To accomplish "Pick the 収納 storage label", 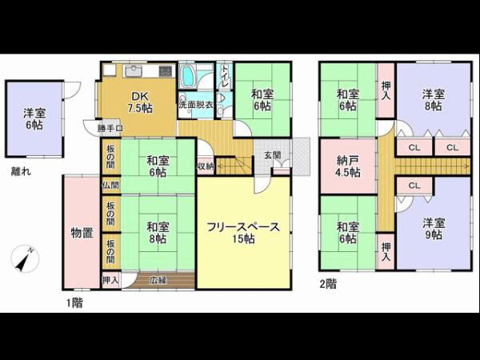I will coord(206,166).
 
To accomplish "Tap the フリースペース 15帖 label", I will coord(242,233).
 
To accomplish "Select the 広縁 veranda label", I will coord(158,280).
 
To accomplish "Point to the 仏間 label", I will coord(110,185).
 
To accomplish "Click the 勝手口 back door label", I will coord(110,128).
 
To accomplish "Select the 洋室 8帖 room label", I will coord(432,100).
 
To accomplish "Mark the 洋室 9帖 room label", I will coord(433,230).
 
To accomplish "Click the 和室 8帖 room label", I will coord(157,232).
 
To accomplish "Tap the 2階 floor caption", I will coord(327,282).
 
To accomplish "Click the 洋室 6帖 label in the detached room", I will coord(34,118).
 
